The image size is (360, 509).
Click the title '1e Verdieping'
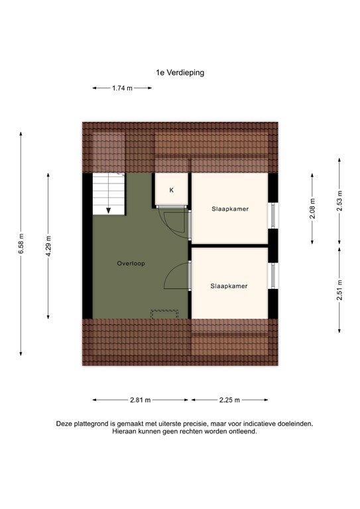pos(180,73)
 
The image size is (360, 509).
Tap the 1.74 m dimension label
pos(122,87)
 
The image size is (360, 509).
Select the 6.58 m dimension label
pos(21,243)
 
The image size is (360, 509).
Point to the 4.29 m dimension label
pos(48,245)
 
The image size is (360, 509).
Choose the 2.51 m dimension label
pos(339,290)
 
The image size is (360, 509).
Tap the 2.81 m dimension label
pos(140,400)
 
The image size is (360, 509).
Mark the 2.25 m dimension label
pos(229,400)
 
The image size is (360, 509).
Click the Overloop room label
pos(131,263)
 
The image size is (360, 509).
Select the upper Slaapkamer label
pos(229,208)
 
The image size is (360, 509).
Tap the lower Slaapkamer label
pos(229,286)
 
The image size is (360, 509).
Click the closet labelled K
pos(171,190)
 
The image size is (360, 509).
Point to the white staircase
pos(108,193)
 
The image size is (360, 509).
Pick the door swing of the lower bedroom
pos(176,274)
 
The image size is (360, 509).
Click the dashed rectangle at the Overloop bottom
pos(165,313)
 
